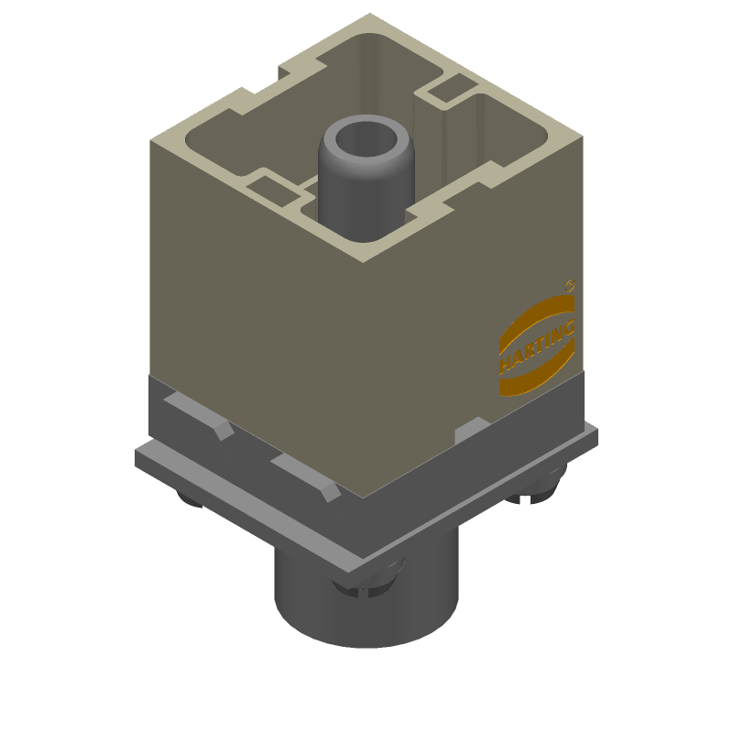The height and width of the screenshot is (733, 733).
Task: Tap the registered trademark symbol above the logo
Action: tap(569, 285)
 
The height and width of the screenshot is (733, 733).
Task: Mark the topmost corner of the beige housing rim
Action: tap(369, 16)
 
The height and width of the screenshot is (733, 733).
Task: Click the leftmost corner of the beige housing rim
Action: tap(152, 140)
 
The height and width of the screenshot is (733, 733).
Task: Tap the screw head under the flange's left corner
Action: tap(190, 498)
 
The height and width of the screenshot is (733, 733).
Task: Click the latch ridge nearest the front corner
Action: tap(307, 476)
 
